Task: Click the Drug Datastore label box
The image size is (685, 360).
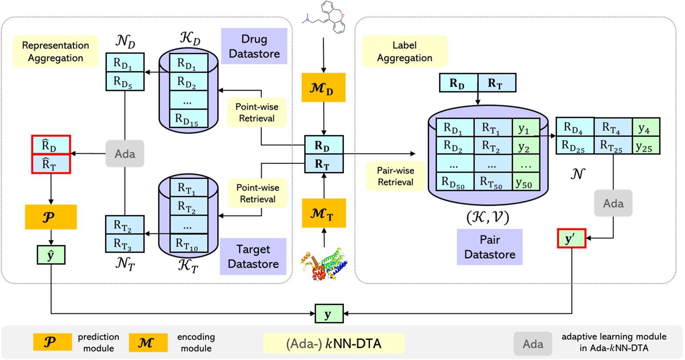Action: (x=254, y=47)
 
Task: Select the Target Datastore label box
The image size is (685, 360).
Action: (x=253, y=257)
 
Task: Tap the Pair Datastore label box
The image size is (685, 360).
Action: (x=489, y=247)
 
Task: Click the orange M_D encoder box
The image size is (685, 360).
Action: (x=323, y=88)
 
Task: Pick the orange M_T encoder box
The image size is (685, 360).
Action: (x=324, y=213)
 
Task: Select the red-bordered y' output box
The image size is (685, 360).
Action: (x=571, y=239)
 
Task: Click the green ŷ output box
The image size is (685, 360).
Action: (x=51, y=255)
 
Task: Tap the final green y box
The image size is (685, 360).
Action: (x=329, y=313)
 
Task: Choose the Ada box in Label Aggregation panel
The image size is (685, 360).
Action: (x=613, y=203)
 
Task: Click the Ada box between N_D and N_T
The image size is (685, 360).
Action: (x=125, y=154)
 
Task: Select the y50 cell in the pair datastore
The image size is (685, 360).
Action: (x=526, y=182)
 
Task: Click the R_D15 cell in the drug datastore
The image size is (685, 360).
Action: (x=187, y=119)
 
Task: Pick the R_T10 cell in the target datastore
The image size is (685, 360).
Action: (x=188, y=244)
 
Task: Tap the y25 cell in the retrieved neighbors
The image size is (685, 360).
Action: (x=645, y=145)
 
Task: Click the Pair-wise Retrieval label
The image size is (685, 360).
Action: (x=395, y=176)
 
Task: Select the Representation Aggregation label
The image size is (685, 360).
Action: (x=56, y=52)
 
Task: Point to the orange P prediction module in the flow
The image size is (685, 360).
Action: (x=50, y=217)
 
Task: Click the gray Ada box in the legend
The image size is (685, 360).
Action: (x=533, y=344)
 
